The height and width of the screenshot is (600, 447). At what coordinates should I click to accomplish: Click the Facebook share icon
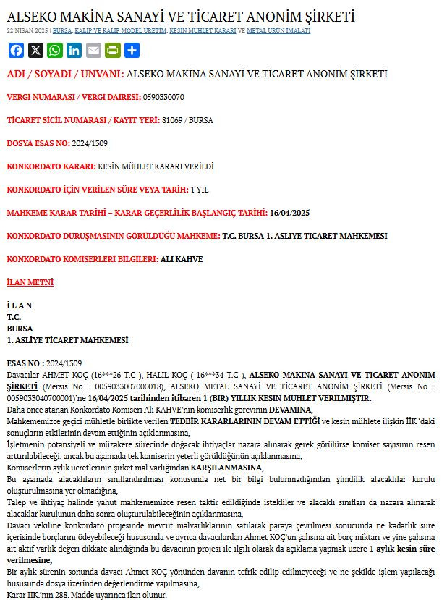point(16,51)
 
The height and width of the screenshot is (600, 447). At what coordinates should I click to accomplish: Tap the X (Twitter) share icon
point(35,51)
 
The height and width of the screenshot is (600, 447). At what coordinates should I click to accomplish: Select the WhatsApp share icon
point(55,51)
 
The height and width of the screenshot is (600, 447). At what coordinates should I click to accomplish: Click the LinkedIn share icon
point(74,51)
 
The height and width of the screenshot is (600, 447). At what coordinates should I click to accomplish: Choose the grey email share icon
point(93,51)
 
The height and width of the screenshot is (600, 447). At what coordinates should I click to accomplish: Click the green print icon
point(112,51)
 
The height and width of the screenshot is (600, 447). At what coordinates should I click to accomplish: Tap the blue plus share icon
point(132,51)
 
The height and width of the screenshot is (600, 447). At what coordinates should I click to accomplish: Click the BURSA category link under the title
point(62,31)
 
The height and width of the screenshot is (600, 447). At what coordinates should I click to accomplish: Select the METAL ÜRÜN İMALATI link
point(278,31)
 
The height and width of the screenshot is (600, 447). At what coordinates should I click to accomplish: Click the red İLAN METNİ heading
point(30,282)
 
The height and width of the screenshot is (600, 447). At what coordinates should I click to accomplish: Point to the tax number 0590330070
point(163,97)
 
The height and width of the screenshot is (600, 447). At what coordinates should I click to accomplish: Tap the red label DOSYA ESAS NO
point(38,143)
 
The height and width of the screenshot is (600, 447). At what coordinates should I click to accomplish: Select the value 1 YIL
point(200,190)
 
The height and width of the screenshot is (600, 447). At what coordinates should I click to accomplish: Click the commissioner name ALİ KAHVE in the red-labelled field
point(182,259)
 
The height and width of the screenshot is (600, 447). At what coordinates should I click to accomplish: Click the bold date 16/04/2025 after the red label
point(289,213)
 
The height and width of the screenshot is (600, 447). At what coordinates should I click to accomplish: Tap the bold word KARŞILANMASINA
point(226,468)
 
